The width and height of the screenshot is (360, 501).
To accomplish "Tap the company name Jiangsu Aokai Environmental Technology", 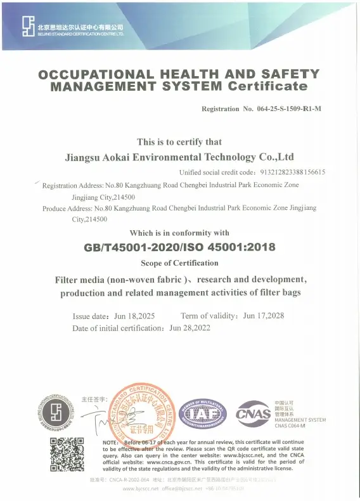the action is pos(179,157).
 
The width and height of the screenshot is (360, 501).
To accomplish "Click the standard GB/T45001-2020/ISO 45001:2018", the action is pos(179,248).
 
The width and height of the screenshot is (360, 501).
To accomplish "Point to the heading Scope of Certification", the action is pos(179,263).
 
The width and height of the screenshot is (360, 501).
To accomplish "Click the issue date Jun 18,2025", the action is pos(134,316).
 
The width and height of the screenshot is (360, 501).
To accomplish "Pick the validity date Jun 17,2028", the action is pos(263,316).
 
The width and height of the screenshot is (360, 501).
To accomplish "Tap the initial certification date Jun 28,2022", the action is pos(190,328).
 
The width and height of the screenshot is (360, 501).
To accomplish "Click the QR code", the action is pos(67,455).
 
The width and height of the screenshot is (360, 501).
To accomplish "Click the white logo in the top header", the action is pos(27,26).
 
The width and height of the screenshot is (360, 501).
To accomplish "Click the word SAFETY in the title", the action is pos(293,75).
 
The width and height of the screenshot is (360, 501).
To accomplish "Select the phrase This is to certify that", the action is pos(179,142).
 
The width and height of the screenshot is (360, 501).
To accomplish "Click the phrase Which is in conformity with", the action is pos(179,233).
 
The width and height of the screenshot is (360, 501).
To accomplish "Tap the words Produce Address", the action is pos(67,208).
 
